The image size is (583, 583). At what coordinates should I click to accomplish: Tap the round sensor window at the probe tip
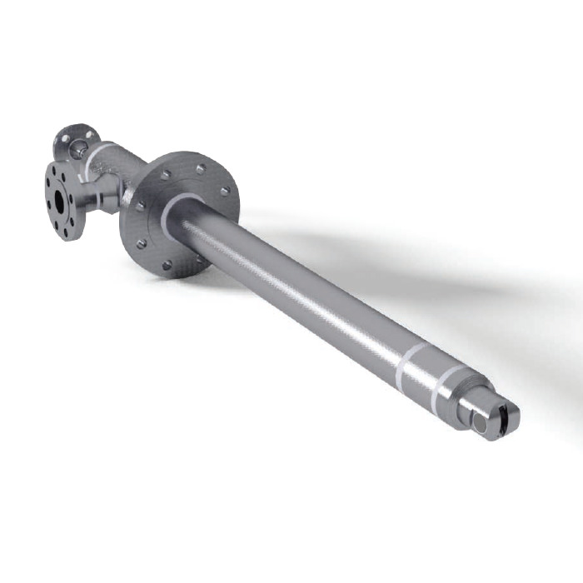point(481,426)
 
